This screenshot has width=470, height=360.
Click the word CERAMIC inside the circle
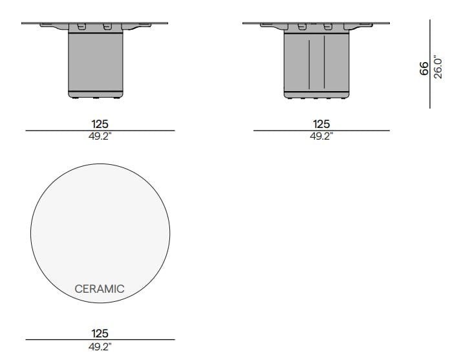(100, 289)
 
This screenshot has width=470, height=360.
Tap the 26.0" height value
(438, 67)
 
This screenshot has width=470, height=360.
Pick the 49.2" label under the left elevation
(100, 136)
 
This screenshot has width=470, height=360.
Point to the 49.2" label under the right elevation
(321, 136)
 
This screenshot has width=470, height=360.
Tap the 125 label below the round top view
(100, 334)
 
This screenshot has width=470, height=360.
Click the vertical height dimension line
(431, 65)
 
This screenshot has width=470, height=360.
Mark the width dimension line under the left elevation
(100, 131)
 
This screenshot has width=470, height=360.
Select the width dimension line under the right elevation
(321, 131)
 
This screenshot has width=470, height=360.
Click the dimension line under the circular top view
(100, 340)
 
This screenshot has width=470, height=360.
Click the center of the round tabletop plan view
(100, 233)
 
